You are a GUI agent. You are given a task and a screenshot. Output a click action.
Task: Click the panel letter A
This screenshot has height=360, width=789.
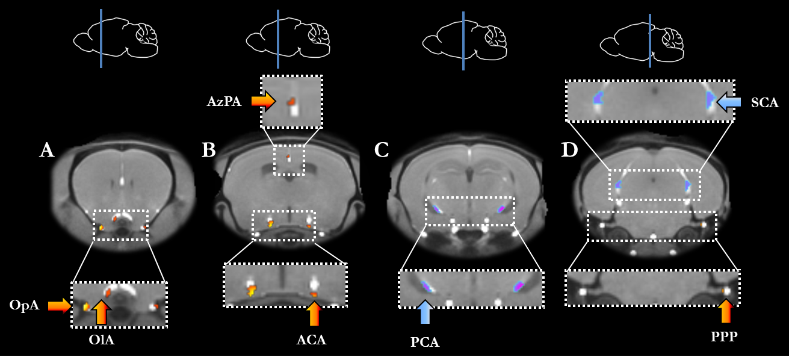pos(47,150)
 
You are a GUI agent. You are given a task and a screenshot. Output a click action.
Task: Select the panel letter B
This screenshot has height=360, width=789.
pos(208,150)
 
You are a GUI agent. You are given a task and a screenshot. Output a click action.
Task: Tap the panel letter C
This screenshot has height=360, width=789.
pos(382,150)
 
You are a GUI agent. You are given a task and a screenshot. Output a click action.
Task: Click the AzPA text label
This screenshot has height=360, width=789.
pos(224,102)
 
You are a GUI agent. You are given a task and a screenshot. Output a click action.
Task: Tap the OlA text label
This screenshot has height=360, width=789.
pos(101,340)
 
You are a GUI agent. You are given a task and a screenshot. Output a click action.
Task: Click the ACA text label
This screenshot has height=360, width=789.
pos(312,340)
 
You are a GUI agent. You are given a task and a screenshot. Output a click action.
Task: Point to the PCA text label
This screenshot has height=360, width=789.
pos(425,343)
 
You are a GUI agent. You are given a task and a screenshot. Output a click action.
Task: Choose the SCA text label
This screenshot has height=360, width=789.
pos(765,103)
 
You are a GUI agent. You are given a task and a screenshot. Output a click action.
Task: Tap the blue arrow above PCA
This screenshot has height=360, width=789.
pos(425,312)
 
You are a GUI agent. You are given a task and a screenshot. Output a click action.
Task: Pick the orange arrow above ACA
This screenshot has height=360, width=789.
pos(314,313)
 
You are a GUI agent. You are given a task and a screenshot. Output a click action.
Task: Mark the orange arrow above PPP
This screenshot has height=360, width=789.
pos(726,311)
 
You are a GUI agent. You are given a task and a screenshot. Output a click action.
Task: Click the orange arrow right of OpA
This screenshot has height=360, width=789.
pos(60,306)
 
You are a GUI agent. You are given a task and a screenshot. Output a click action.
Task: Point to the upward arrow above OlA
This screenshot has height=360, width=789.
pos(102,312)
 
